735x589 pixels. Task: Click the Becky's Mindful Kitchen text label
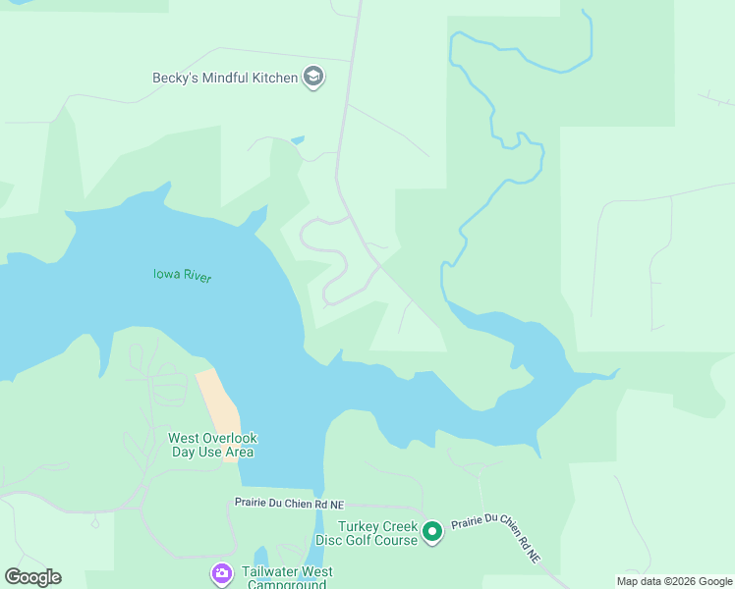[225, 78]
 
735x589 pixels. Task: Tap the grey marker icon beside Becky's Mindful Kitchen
[313, 77]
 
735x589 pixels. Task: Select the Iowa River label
[182, 276]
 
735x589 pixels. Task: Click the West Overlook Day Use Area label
[211, 445]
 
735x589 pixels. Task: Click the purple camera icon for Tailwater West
[222, 572]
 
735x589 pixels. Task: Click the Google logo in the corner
[32, 577]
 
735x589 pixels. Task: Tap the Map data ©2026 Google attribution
[675, 581]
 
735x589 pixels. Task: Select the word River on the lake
[197, 277]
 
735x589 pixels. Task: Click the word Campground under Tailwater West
[285, 585]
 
